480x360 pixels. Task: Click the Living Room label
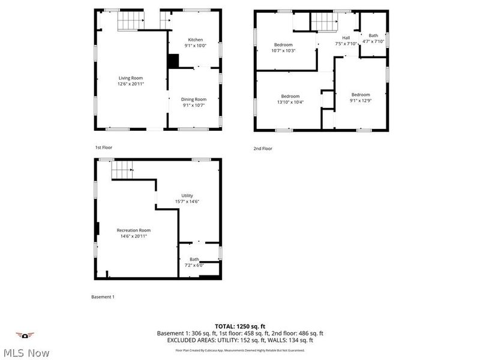[x=131, y=79]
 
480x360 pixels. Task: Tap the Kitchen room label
[x=195, y=40]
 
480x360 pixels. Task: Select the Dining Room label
[x=194, y=100]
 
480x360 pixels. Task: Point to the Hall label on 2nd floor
[x=346, y=38]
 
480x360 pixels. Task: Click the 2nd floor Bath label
[x=373, y=35]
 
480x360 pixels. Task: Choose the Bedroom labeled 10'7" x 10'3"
[x=283, y=45]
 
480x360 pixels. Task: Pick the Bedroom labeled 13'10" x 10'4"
[x=290, y=96]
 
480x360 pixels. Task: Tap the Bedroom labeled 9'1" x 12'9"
[x=361, y=95]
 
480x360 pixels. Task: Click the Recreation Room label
[x=134, y=230]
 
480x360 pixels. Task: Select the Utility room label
[x=187, y=196]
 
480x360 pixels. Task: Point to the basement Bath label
[x=194, y=260]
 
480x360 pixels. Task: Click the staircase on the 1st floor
[x=128, y=22]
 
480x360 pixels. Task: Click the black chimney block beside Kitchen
[x=173, y=62]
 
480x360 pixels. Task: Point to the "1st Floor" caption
[x=103, y=147]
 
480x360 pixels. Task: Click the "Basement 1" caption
[x=103, y=297]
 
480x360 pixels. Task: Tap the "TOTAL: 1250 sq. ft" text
[x=240, y=326]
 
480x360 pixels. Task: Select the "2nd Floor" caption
[x=263, y=148]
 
